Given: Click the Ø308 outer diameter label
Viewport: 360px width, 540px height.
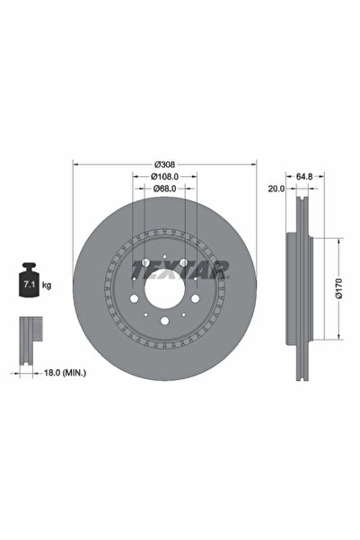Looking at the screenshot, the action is [165, 164].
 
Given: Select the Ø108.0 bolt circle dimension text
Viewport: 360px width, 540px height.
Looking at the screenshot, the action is [165, 177].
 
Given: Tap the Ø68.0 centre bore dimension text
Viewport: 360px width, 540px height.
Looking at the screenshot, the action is [165, 189].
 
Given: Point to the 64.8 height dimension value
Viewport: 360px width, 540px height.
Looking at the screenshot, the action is [304, 177].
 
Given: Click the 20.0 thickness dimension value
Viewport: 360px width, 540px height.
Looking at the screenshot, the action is [277, 189].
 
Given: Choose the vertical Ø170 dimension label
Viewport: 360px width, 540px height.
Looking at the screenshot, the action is [339, 288].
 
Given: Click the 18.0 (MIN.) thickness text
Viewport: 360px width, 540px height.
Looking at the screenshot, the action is [65, 372].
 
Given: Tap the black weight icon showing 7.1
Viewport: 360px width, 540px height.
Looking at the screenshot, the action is [29, 279].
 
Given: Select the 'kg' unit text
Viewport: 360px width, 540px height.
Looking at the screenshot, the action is [47, 285].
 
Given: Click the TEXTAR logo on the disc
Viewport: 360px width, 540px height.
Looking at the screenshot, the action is [180, 270].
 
